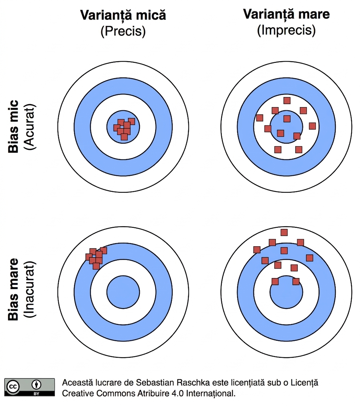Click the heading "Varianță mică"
pyautogui.click(x=123, y=15)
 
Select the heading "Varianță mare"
pyautogui.click(x=286, y=14)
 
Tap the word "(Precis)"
pyautogui.click(x=123, y=31)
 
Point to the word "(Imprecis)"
pyautogui.click(x=286, y=30)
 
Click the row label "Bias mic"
pyautogui.click(x=13, y=126)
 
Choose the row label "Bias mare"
pyautogui.click(x=13, y=289)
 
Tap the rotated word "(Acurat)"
pyautogui.click(x=29, y=127)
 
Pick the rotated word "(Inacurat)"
pyautogui.click(x=29, y=289)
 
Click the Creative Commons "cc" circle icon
pyautogui.click(x=13, y=387)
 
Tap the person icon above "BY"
pyautogui.click(x=36, y=385)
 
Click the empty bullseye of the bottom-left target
pyautogui.click(x=123, y=292)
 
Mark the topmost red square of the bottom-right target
pyautogui.click(x=284, y=233)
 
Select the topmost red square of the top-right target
pyautogui.click(x=287, y=100)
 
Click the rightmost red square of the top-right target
pyautogui.click(x=312, y=126)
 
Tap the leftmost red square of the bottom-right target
pyautogui.click(x=257, y=250)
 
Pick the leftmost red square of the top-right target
pyautogui.click(x=260, y=118)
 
